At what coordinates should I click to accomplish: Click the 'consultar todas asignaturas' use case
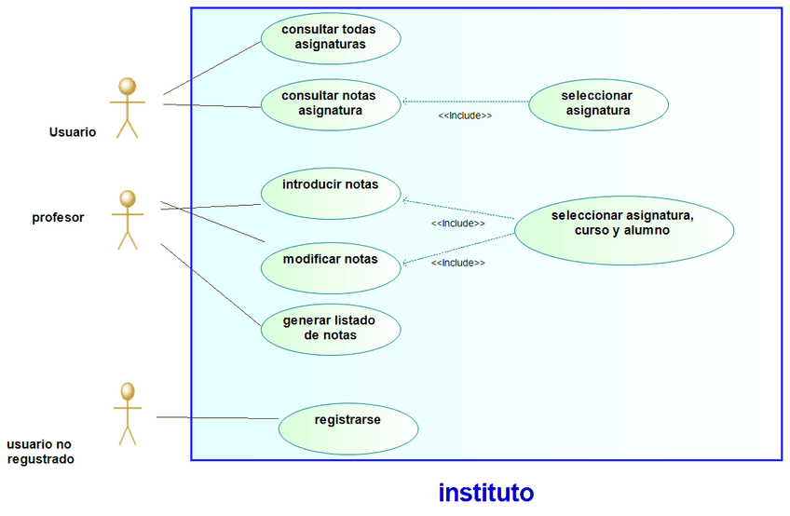click(x=330, y=36)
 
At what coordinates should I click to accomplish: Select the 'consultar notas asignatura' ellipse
click(x=330, y=103)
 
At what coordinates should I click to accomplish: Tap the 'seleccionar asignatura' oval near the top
click(x=598, y=103)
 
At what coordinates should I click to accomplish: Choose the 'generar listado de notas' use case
click(x=330, y=328)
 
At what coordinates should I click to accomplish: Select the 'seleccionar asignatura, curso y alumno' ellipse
click(x=623, y=224)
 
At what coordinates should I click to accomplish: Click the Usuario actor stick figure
click(x=127, y=108)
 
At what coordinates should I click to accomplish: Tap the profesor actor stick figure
click(x=128, y=220)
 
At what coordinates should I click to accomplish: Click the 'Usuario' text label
click(x=73, y=132)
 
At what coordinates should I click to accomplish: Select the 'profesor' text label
click(x=59, y=218)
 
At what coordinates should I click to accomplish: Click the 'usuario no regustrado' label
click(x=40, y=452)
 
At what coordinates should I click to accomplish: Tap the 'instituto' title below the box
click(x=485, y=492)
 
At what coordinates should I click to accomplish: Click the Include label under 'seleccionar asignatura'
click(x=465, y=116)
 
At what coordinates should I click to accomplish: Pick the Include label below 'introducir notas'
click(x=457, y=224)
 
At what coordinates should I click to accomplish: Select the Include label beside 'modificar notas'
click(x=457, y=264)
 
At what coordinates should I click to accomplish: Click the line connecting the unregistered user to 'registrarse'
click(x=217, y=418)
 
